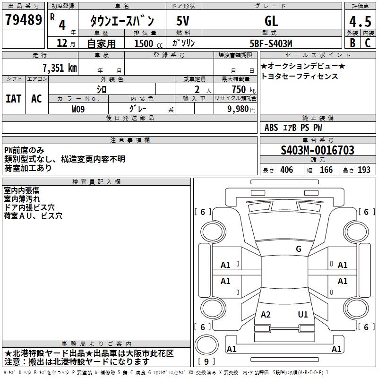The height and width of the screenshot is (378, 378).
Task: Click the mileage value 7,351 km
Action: click(59, 68)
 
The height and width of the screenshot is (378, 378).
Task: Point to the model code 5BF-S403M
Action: click(271, 43)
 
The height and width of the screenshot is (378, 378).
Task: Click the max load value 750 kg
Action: click(240, 89)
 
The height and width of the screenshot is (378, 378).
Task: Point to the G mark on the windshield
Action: click(299, 249)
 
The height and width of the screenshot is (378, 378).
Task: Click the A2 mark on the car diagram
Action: click(266, 315)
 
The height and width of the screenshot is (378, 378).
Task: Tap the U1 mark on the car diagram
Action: click(303, 315)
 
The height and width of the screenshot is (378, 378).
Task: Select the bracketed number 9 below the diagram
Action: click(206, 362)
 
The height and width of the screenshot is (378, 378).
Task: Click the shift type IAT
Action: click(13, 99)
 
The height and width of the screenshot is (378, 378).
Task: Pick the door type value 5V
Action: click(183, 21)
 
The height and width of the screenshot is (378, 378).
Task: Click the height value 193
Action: click(364, 170)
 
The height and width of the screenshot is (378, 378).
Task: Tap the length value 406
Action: click(286, 170)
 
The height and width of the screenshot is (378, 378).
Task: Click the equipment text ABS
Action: click(271, 128)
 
